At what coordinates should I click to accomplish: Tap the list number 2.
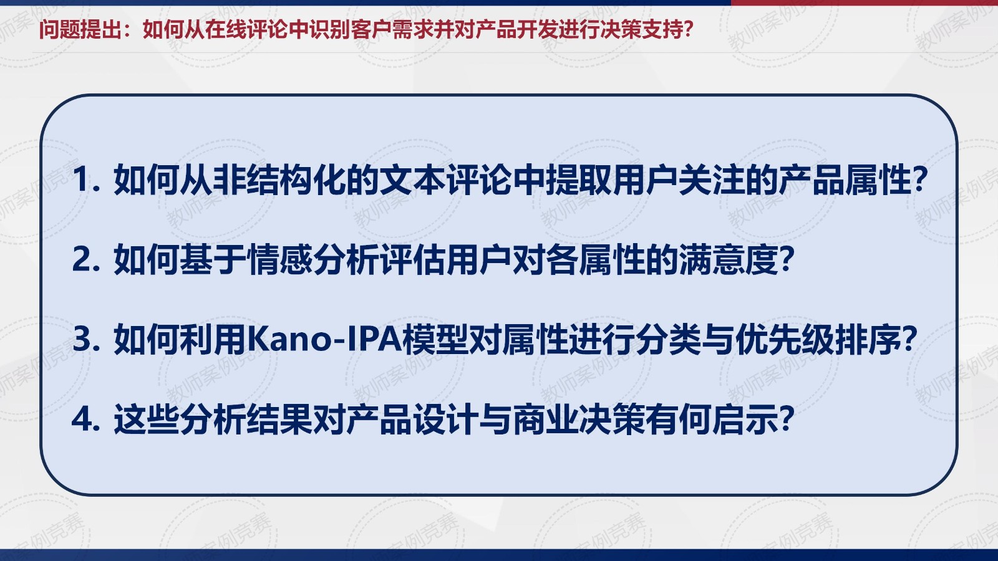point(85,259)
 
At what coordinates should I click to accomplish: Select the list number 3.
point(85,340)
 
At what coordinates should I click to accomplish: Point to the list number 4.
point(85,420)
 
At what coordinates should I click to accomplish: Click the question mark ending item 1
point(919,180)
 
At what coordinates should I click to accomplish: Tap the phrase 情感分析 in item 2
point(312,260)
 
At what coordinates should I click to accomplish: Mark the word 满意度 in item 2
point(728,260)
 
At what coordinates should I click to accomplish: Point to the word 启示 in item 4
point(745,420)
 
